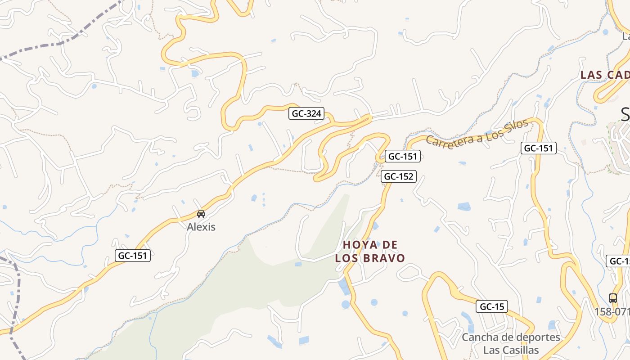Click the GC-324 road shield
pos(306,114)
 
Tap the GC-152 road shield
pos(398,176)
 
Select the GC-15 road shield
pos(492,307)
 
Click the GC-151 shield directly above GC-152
pos(403,156)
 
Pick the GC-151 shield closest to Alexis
pos(132,256)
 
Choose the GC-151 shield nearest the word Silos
pos(538,148)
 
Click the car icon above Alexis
pos(201,214)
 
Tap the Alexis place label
pos(201,227)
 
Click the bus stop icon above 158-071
pos(612,298)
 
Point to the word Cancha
pos(480,337)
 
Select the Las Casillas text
pos(511,350)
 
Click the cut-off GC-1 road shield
pos(619,261)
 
